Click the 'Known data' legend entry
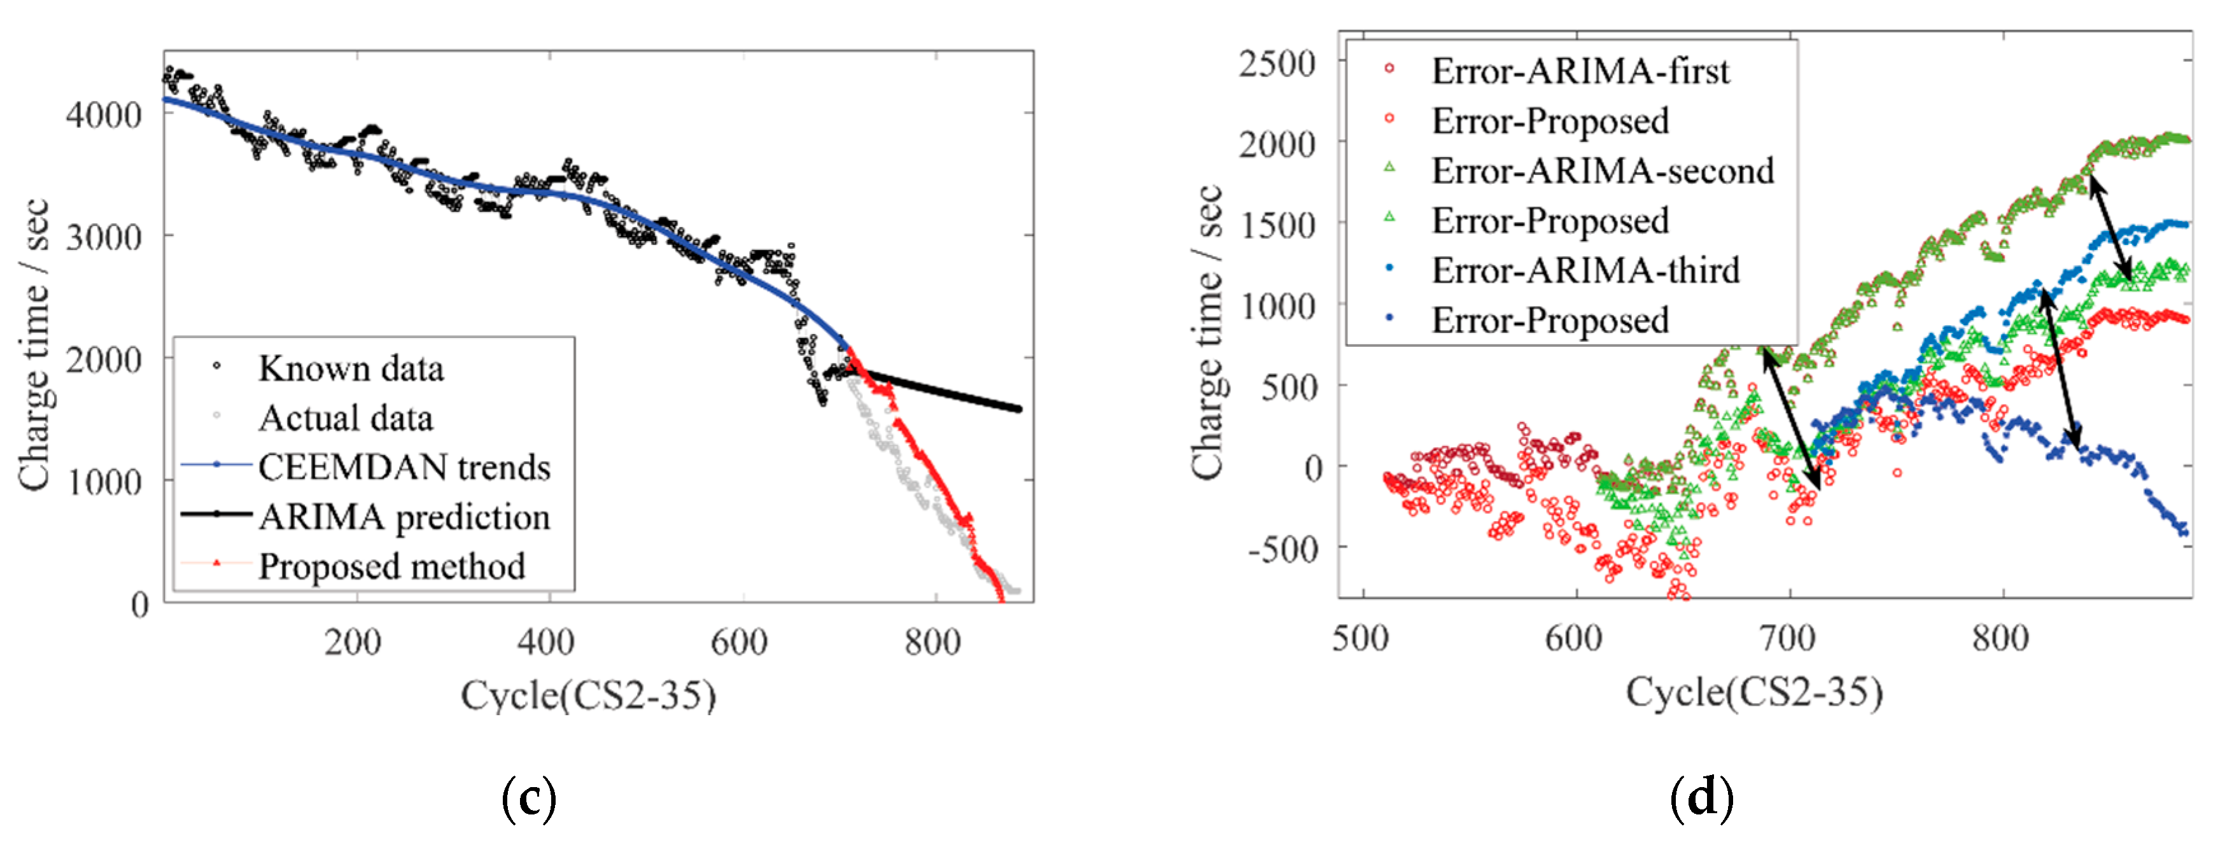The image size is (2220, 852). coord(351,368)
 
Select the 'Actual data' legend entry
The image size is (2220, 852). coord(345,419)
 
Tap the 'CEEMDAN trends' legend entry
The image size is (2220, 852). coord(404,468)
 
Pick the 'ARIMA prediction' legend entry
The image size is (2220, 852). coord(404,517)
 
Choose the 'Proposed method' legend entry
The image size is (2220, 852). coord(391,567)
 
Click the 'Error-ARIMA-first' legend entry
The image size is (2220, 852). coord(1580,71)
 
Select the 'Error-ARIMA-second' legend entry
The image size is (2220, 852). coord(1602,171)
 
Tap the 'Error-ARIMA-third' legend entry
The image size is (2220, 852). coord(1585,270)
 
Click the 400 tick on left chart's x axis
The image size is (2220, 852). coord(546,642)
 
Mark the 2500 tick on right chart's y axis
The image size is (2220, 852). coord(1277,64)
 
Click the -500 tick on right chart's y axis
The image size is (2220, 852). coord(1283,548)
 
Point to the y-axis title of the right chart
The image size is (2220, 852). coord(1208,332)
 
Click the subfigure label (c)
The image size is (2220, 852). coord(528,798)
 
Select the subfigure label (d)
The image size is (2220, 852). coord(1701,798)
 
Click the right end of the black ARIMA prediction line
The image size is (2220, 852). coord(1018,409)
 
